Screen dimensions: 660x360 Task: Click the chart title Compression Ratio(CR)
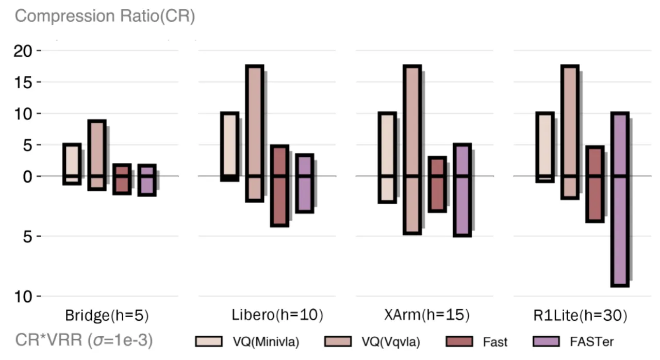(105, 16)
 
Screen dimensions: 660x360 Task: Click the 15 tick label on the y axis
(23, 82)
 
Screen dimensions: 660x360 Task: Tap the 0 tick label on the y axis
(27, 176)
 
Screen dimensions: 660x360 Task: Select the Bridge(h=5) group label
(107, 316)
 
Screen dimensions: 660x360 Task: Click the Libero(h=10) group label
(277, 315)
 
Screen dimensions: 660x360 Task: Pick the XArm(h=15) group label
(426, 315)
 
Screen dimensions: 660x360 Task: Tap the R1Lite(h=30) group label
(580, 316)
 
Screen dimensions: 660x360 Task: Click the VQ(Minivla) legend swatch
(209, 341)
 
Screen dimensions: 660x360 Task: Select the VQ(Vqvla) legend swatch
(338, 341)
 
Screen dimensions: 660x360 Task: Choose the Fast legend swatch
(459, 341)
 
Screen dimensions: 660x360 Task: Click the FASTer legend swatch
(546, 341)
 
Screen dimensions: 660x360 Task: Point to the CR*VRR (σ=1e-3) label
(84, 340)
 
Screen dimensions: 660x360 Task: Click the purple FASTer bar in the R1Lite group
(620, 200)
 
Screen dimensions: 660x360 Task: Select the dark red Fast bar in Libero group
(279, 186)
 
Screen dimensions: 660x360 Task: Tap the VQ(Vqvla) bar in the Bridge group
(97, 155)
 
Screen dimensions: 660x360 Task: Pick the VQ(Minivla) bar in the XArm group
(387, 158)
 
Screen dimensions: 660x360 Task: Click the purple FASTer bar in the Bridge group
(147, 180)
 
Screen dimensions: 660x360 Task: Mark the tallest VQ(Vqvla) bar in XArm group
(412, 150)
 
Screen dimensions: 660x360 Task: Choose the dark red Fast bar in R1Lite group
(595, 184)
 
